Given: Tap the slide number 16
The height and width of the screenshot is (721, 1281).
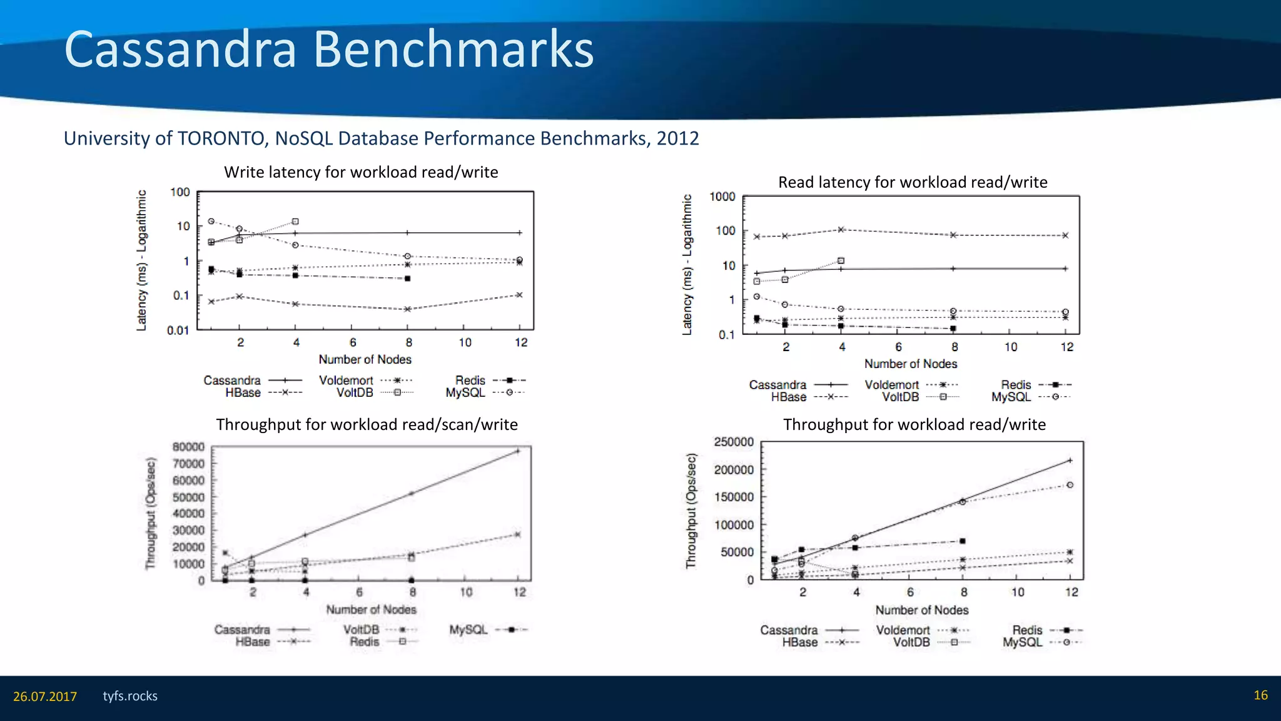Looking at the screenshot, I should pos(1260,695).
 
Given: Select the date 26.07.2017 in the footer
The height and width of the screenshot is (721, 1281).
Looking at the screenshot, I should pos(45,697).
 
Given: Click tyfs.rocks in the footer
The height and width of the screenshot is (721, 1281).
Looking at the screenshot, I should pos(130,696).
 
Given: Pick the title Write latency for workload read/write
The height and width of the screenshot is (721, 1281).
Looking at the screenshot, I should pos(361,172).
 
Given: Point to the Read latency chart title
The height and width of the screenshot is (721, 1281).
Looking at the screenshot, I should pos(913,182).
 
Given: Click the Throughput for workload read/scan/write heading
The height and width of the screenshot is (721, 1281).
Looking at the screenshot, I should pos(367,424).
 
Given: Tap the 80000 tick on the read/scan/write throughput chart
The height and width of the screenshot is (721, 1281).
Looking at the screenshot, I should pos(188,447).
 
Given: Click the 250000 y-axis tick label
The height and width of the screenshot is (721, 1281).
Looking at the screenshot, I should pos(734,442).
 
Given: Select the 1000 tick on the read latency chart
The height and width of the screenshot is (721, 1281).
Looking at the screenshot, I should pos(722,197).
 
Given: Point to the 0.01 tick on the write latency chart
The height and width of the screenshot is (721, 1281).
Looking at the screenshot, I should pos(178,330).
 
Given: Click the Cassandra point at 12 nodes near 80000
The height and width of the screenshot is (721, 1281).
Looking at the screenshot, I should pos(518,451).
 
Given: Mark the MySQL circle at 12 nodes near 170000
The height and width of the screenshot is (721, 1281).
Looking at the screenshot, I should pos(1070,485).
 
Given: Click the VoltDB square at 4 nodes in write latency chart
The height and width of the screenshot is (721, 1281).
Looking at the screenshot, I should pos(295,222).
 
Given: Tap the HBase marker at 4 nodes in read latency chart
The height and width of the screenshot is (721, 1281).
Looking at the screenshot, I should pos(841,230).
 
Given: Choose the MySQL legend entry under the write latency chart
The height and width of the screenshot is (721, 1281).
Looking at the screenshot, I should pos(465,393).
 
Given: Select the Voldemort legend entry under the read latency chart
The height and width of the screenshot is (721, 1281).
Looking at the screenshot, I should pos(892,385).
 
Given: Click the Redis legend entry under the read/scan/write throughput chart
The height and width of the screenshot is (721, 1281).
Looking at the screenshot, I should pos(365,642).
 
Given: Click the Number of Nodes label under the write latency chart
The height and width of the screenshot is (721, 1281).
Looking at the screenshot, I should pos(365,359).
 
